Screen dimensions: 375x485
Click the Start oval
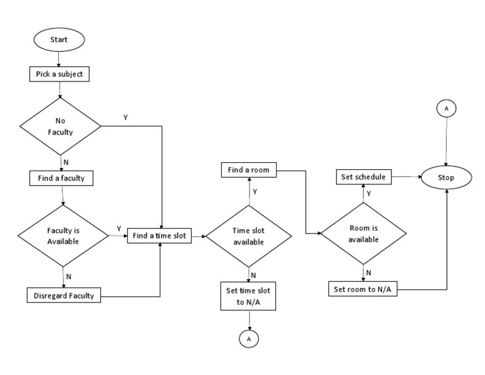59,40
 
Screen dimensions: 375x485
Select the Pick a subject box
59,74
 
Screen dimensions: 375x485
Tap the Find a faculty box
61,179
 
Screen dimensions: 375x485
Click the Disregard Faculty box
64,295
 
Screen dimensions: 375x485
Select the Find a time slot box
160,235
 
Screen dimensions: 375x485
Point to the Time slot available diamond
249,237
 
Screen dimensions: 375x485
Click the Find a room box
249,170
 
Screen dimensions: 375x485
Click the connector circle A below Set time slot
249,339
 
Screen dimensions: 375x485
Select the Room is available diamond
364,234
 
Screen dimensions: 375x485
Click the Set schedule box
363,177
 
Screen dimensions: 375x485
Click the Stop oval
446,178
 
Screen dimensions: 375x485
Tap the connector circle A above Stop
446,109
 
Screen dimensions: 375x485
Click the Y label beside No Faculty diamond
126,118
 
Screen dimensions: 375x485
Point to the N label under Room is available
369,273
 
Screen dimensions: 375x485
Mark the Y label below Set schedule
369,194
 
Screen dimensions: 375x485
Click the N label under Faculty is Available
68,276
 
